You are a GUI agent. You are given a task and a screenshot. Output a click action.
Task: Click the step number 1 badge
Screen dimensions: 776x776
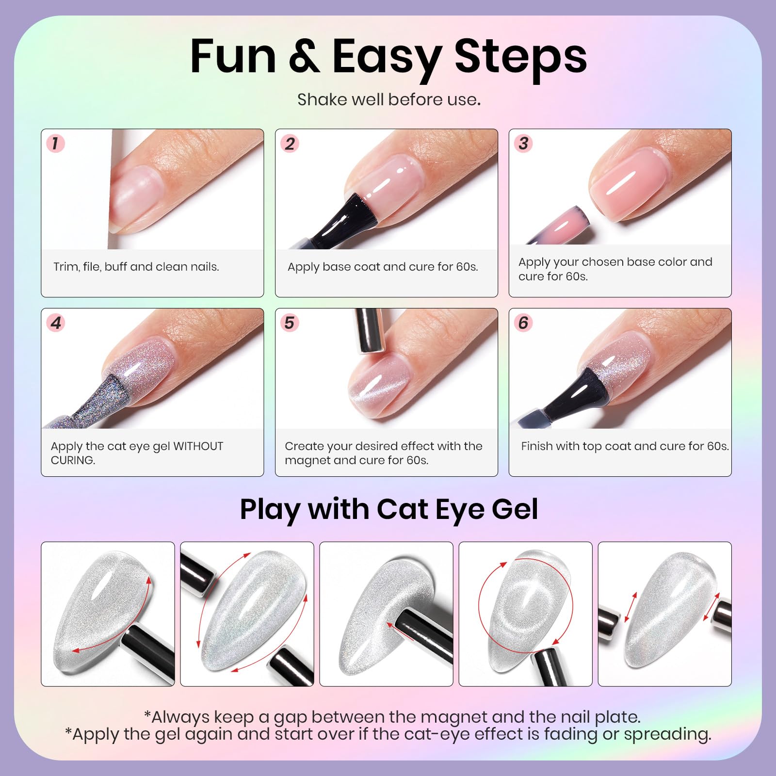55,144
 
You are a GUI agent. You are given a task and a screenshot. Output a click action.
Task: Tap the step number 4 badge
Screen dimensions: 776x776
56,323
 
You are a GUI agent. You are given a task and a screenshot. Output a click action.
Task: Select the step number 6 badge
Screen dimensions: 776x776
523,323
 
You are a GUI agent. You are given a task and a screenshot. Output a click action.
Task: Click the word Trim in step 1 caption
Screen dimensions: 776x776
66,267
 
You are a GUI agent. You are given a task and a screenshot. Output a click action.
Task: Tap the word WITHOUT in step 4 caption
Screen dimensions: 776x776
198,446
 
